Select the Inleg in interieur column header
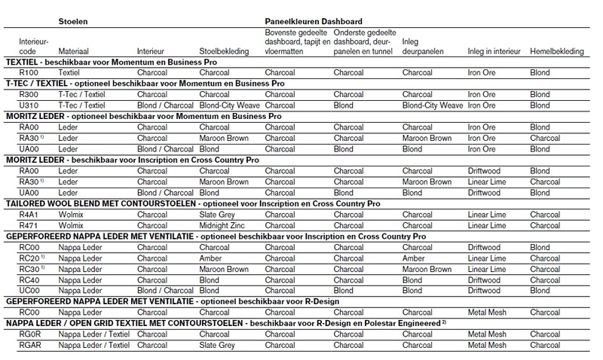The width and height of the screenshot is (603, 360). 494,50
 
